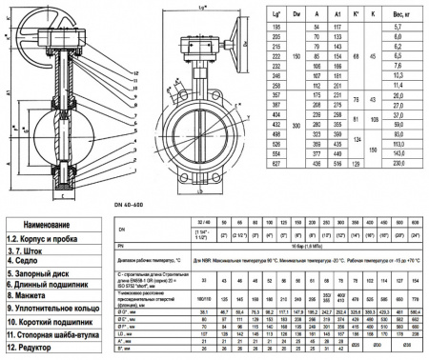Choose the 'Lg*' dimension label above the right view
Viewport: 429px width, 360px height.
[198, 8]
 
